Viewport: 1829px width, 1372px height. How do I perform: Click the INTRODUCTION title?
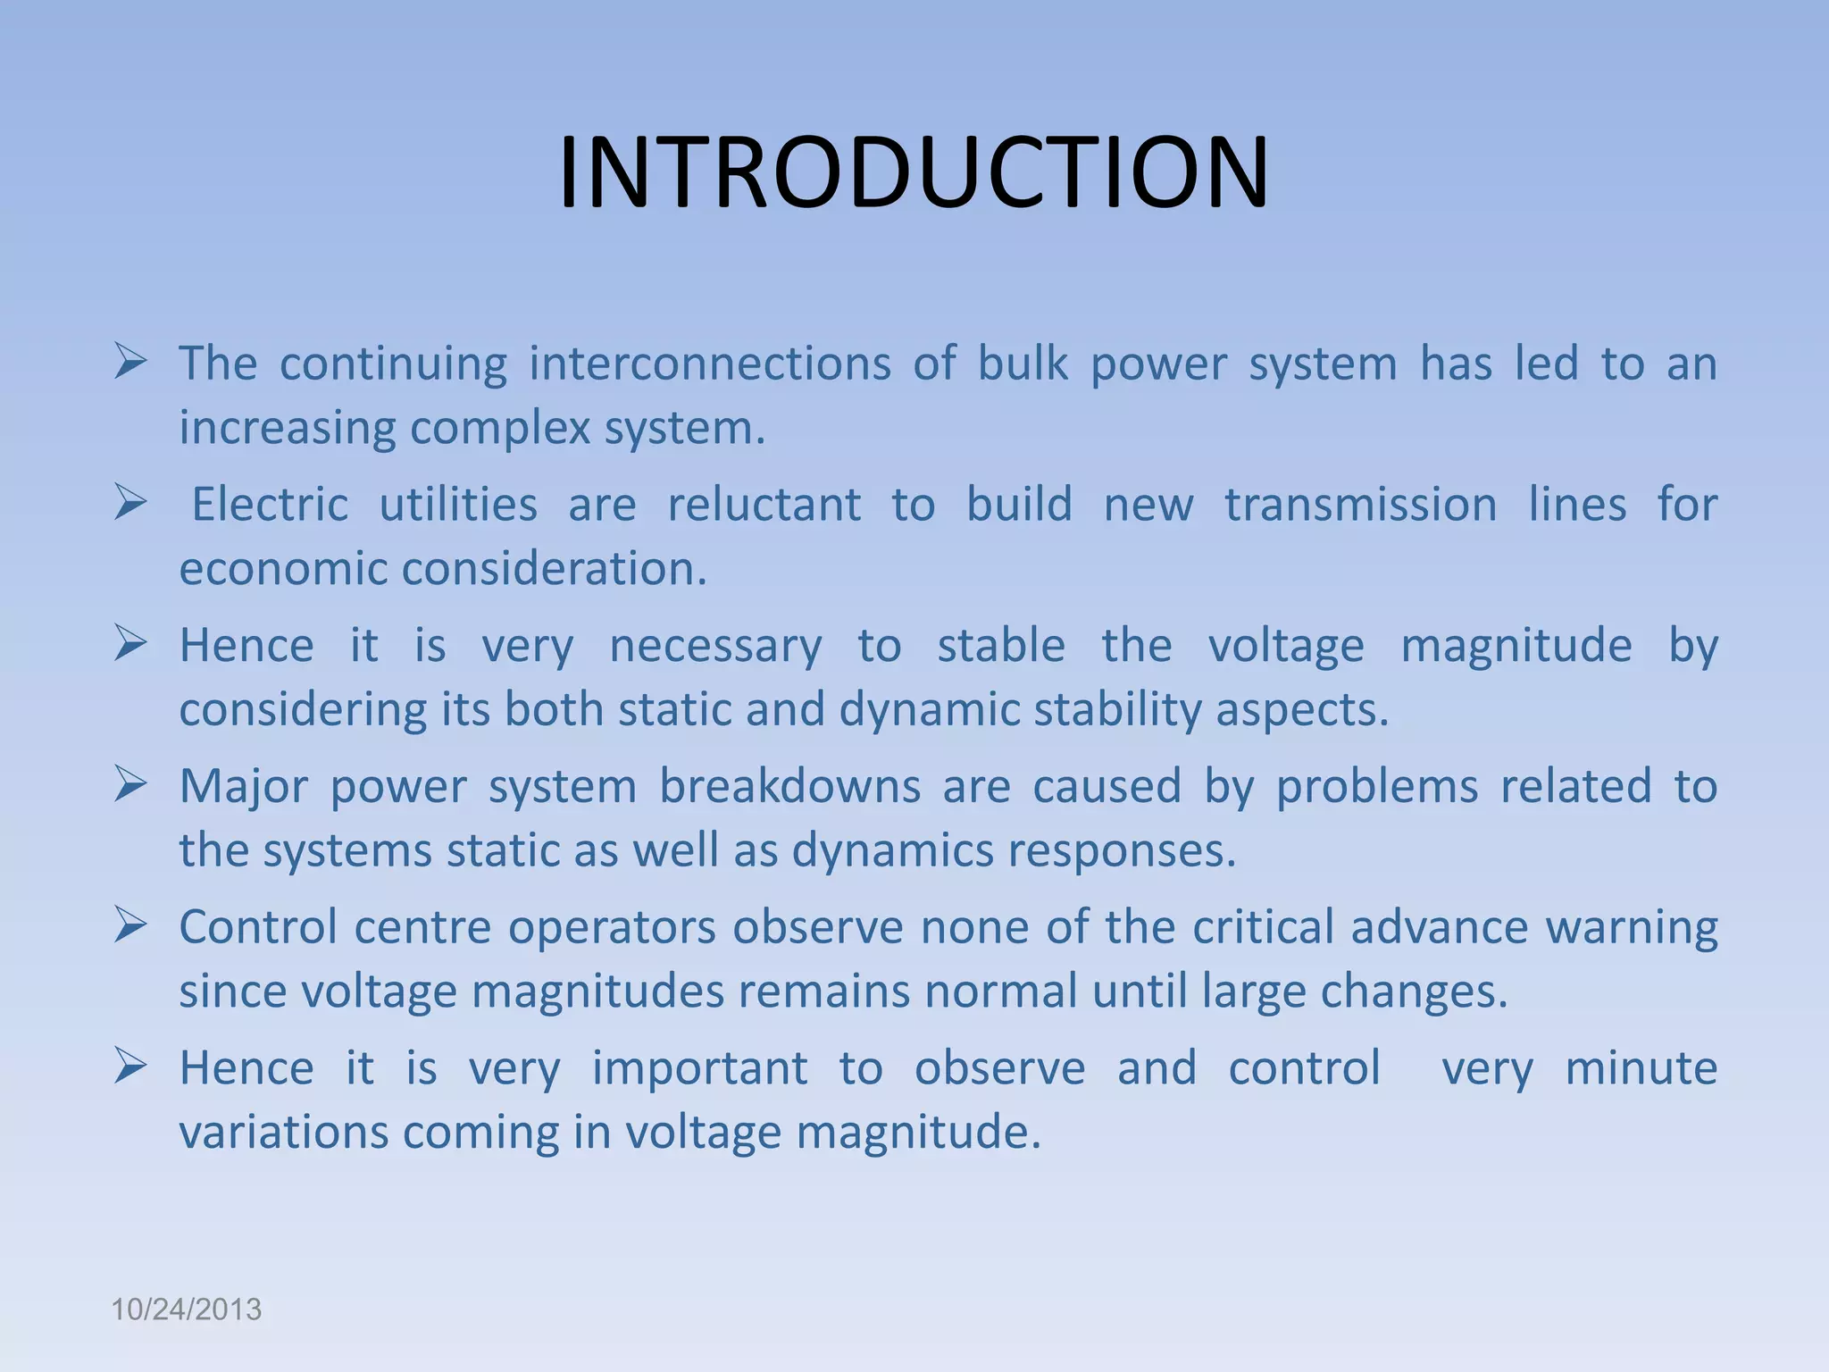pos(914,172)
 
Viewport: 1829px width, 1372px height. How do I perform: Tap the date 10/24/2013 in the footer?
pos(186,1309)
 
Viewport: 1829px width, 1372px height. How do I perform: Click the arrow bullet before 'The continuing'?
pos(130,362)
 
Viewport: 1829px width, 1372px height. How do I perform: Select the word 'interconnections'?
pos(710,364)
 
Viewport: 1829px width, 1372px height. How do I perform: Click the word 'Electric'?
pos(270,505)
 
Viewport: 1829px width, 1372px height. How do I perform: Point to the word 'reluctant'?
pos(764,505)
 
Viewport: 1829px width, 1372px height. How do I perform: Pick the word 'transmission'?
pos(1360,505)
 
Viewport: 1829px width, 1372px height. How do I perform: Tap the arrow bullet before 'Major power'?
pos(130,784)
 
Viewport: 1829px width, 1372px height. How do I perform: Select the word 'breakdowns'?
pos(789,786)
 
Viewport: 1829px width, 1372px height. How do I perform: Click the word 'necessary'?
pos(715,647)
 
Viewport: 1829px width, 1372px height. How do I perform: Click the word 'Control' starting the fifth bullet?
pos(258,926)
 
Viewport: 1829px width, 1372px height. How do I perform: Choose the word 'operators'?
pos(612,926)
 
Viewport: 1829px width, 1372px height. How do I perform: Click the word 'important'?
pos(699,1068)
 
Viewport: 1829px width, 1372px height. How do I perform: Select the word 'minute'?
pos(1641,1068)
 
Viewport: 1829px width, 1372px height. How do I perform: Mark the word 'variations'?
pos(283,1133)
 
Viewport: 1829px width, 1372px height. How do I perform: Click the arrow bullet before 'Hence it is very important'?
pos(130,1067)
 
